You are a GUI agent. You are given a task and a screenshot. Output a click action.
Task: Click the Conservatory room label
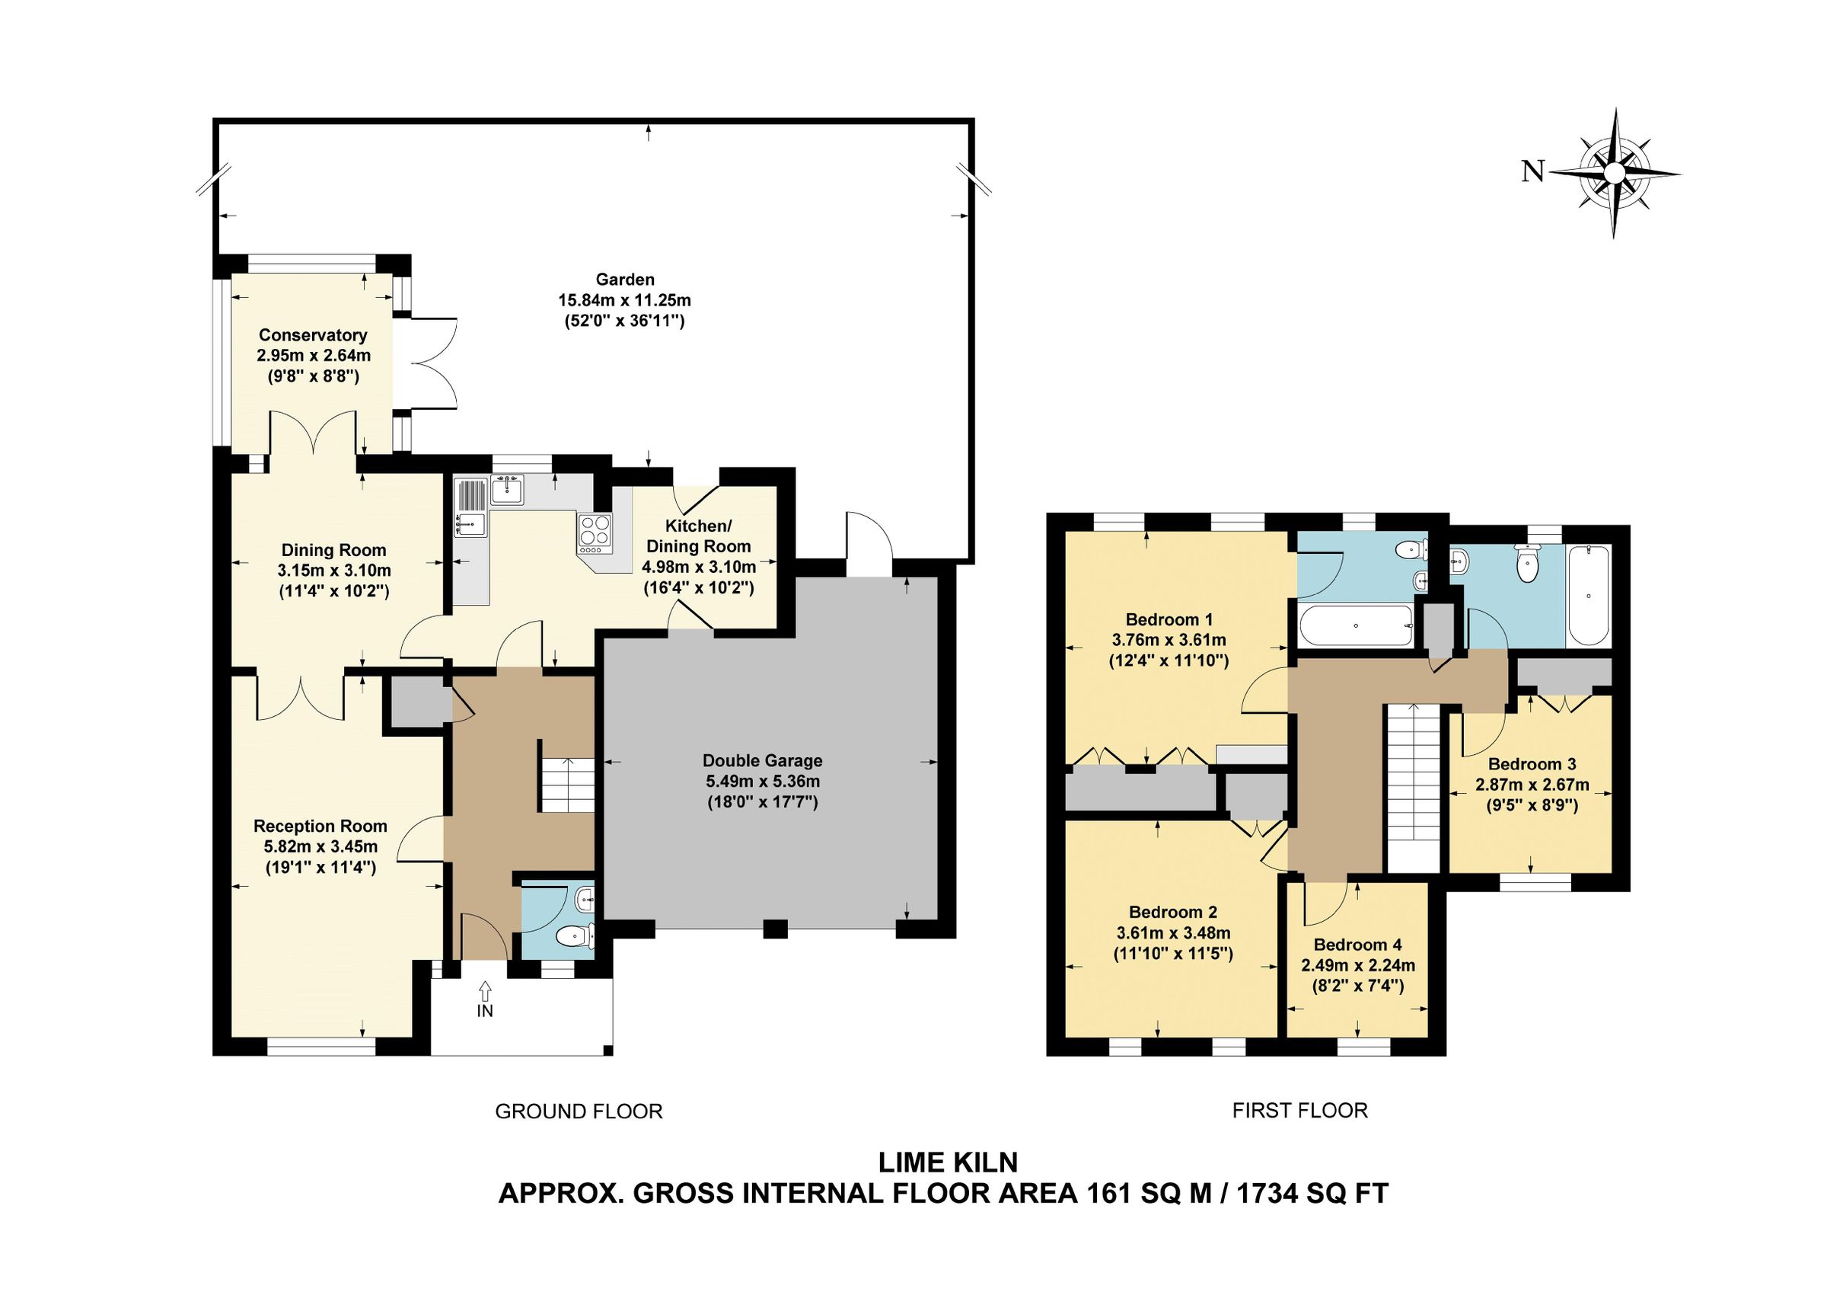[x=313, y=335]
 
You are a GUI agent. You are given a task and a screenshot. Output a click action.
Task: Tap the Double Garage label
[x=762, y=760]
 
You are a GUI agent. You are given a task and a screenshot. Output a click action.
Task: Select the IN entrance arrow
[x=485, y=992]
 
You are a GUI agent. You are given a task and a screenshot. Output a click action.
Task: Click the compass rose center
[x=1614, y=173]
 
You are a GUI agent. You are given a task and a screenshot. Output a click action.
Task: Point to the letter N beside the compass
[x=1532, y=171]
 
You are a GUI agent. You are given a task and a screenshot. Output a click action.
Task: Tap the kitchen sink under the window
[x=506, y=491]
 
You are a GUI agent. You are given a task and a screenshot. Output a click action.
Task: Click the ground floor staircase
[x=567, y=785]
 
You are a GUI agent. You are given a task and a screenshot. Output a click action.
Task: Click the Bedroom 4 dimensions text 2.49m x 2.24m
[x=1357, y=966]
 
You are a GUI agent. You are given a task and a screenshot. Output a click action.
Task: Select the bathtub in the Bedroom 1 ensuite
[x=1356, y=625]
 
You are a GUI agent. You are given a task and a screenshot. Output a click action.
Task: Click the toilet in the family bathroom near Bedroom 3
[x=1529, y=567]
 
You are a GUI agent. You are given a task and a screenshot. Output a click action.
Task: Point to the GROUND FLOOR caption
[x=579, y=1111]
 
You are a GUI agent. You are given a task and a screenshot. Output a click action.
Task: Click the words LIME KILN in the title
[x=947, y=1162]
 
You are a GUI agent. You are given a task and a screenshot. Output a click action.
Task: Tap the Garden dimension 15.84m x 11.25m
[x=624, y=300]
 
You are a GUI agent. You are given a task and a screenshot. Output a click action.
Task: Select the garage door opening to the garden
[x=869, y=544]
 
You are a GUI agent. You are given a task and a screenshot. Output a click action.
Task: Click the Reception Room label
[x=320, y=827]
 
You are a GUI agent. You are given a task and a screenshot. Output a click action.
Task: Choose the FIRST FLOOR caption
[x=1299, y=1111]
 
